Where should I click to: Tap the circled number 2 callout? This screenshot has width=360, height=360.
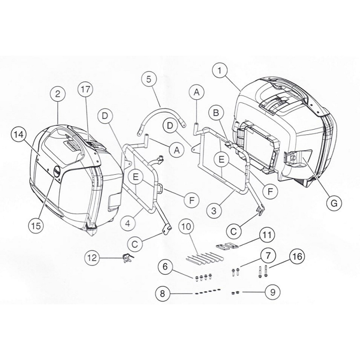click(x=58, y=94)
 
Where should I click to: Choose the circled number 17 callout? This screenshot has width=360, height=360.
click(x=86, y=90)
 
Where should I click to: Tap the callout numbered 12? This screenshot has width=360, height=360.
click(x=94, y=258)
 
